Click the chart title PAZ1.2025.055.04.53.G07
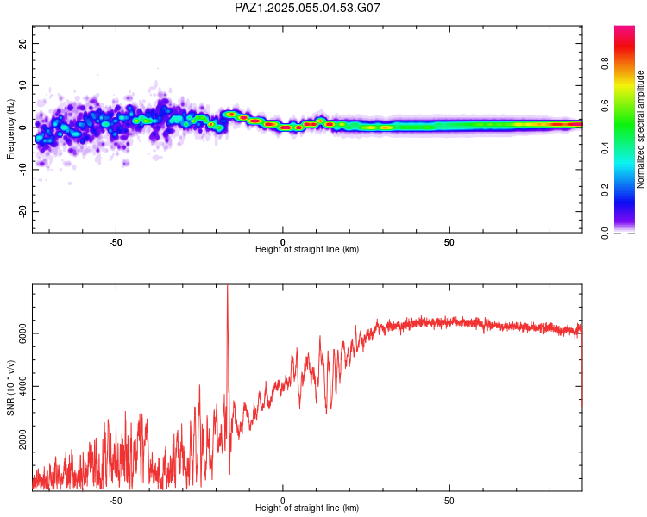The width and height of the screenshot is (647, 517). pos(307,8)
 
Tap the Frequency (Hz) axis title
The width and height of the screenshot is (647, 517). pos(10,129)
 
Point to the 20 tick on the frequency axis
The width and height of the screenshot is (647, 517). pos(22,44)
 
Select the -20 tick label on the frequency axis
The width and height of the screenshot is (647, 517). pos(22,212)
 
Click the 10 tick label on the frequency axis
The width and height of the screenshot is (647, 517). pos(22,86)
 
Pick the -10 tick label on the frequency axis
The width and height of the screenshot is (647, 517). pos(22,170)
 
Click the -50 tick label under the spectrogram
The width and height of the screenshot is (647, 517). pos(116,242)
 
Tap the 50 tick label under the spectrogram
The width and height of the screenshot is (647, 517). pos(449,242)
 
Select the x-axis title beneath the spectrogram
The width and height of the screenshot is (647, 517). pos(307,249)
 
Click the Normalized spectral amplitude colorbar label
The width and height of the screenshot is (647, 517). pos(640,129)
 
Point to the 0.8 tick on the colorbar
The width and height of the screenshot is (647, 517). pos(605,64)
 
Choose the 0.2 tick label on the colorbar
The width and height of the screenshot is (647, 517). pos(605,190)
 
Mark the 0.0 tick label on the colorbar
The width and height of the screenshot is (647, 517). pos(605,233)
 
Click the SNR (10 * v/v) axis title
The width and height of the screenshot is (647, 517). pos(10,388)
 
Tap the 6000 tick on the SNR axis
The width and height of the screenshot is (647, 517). pos(22,333)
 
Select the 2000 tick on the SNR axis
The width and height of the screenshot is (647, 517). pos(22,439)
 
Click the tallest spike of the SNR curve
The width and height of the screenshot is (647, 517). pos(227,286)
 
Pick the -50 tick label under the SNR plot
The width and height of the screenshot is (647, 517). pos(116,501)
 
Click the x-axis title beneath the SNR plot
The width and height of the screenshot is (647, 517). pos(307,508)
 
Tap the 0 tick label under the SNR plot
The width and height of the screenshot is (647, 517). pos(283,501)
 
